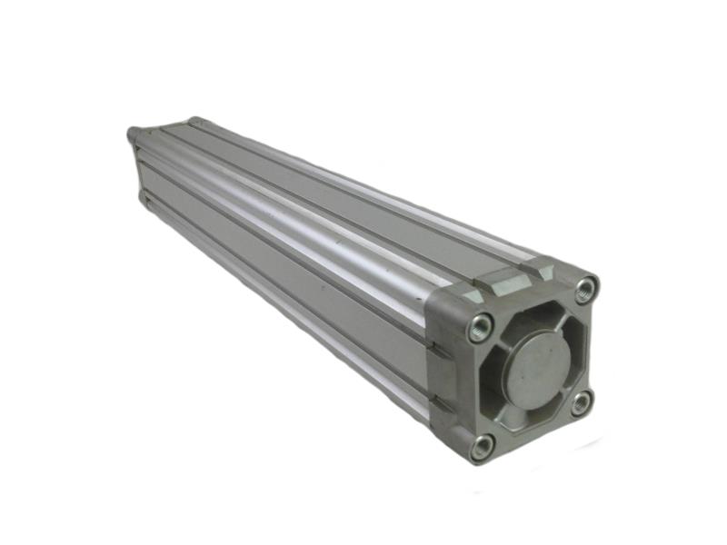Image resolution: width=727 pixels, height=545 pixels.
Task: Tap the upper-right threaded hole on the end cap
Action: pos(586,290)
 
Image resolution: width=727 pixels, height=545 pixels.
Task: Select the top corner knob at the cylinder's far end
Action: pos(194,121)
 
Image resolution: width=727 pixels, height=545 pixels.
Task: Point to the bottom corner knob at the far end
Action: pos(144,195)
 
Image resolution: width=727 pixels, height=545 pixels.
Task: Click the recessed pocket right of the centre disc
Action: pos(573,350)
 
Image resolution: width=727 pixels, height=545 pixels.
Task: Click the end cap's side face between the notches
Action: pos(444,374)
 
